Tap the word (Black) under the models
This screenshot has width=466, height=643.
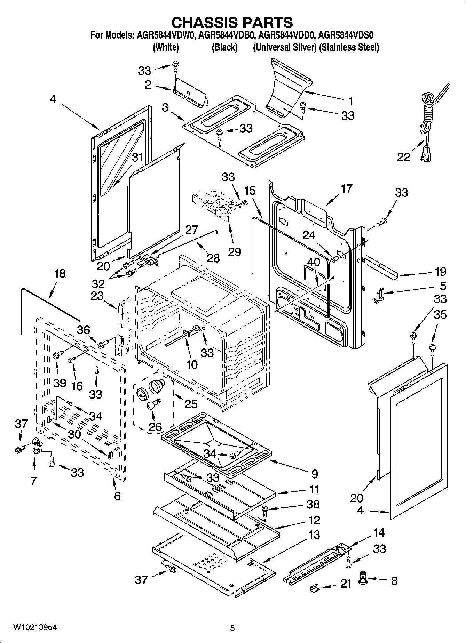tap(224, 47)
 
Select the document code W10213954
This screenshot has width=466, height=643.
tap(35, 627)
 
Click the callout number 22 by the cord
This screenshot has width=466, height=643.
tap(404, 157)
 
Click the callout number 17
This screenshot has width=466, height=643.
tap(346, 189)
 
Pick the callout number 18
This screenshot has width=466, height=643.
tap(60, 273)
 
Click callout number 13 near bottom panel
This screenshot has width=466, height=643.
tap(314, 535)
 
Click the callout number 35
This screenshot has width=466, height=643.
tap(440, 315)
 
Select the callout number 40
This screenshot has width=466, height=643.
tap(314, 262)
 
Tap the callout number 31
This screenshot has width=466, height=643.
tap(137, 158)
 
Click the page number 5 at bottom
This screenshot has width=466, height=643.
tap(232, 628)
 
